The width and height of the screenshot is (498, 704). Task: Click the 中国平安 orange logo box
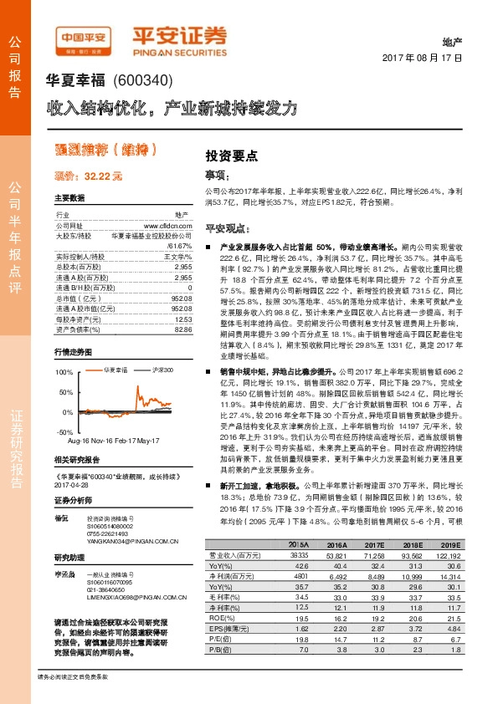84,38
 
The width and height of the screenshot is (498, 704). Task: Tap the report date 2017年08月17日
427,59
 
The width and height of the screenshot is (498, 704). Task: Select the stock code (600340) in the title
144,81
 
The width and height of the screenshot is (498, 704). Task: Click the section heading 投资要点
232,156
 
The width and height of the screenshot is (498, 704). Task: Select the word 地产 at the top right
451,41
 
